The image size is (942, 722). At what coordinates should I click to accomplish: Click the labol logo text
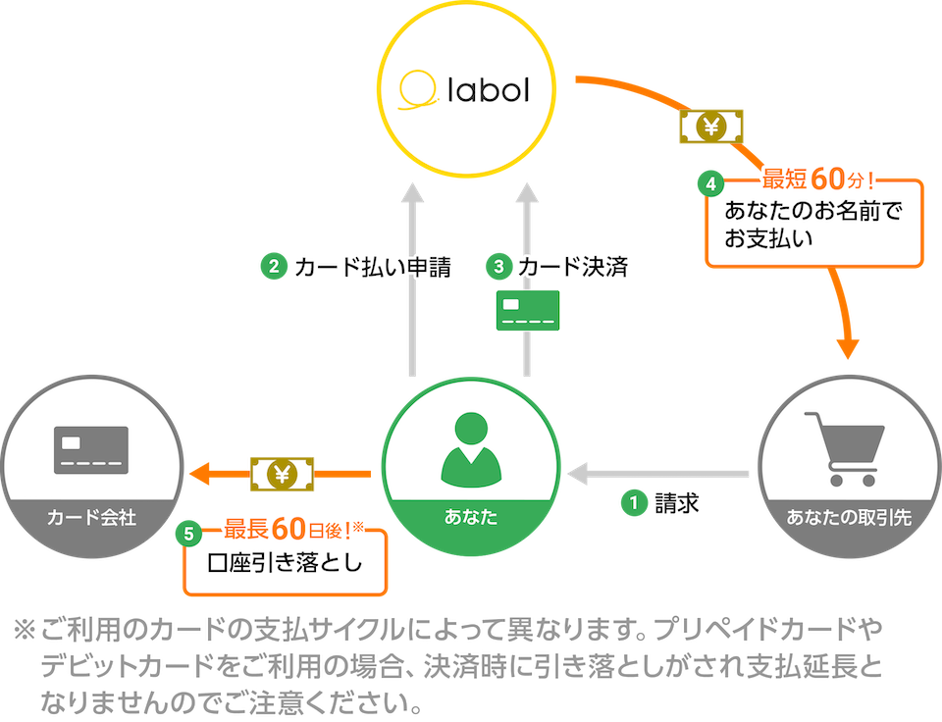(487, 91)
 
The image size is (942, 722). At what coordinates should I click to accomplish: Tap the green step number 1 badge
(634, 503)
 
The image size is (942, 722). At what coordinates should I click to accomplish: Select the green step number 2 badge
(273, 266)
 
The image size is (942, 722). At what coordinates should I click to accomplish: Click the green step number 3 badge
(499, 266)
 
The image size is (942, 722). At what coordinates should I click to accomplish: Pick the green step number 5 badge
(193, 535)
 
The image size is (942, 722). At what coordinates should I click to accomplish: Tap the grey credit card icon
(91, 449)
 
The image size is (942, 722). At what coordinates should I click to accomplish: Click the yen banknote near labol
(711, 127)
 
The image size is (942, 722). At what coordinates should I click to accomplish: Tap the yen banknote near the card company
(283, 475)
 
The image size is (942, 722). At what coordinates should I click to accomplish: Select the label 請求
(676, 503)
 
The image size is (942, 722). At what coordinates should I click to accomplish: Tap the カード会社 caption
(91, 517)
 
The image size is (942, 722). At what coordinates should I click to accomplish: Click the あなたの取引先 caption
(849, 517)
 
